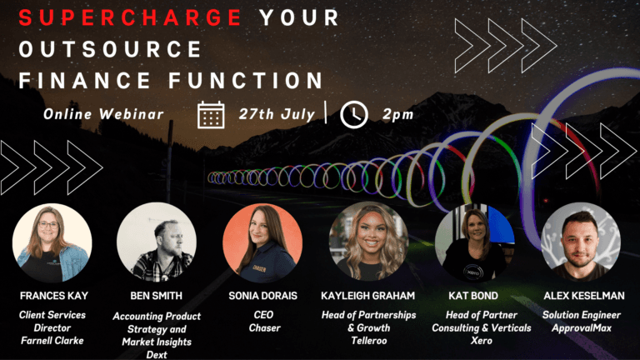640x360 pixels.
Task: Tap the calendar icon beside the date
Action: (x=211, y=114)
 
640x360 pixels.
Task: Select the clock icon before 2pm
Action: (x=354, y=114)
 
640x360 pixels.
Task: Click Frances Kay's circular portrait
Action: (x=52, y=243)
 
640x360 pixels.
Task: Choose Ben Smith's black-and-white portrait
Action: (x=157, y=243)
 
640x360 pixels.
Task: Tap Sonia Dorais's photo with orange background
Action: (x=262, y=243)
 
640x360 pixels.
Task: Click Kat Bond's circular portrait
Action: (x=475, y=243)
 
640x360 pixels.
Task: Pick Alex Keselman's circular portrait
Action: (x=581, y=243)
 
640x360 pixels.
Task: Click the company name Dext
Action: (x=157, y=354)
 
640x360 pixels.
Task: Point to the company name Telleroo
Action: (x=368, y=341)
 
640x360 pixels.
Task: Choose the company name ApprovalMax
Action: (x=581, y=327)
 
